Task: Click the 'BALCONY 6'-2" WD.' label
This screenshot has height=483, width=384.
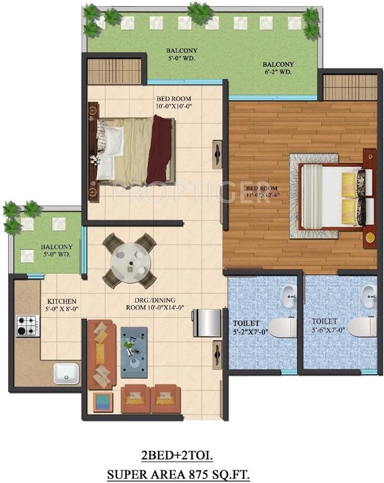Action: point(278,68)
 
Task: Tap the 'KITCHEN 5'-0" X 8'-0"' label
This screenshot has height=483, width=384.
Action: point(62,305)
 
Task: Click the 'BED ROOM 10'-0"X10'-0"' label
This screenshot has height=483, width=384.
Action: point(174,103)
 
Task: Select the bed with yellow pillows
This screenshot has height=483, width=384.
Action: point(330,194)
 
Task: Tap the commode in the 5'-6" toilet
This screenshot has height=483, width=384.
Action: point(361,326)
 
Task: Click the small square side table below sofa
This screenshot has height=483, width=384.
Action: point(103,401)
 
